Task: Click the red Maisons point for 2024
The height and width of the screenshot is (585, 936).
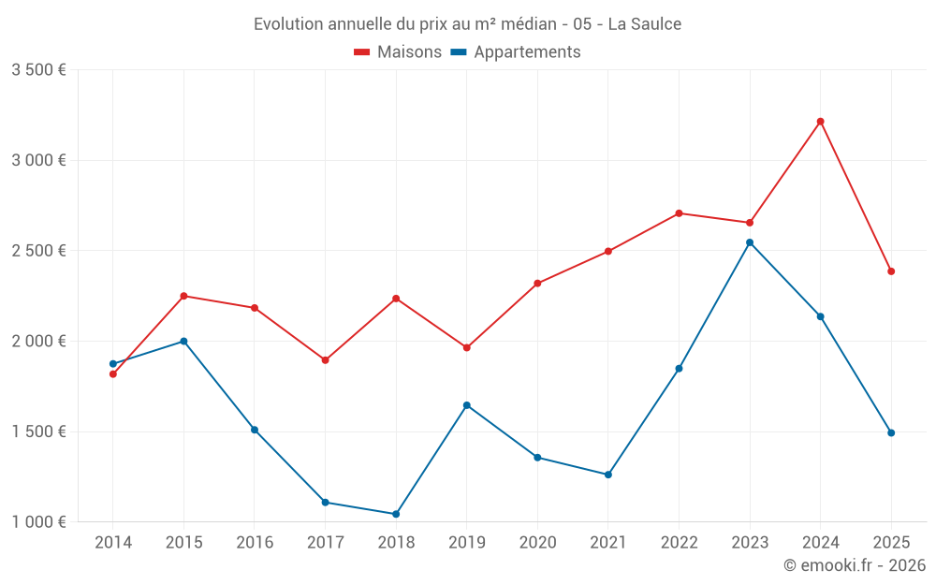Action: tap(820, 122)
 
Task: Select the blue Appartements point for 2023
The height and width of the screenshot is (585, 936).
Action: tap(750, 242)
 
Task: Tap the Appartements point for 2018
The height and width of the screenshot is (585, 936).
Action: tap(396, 514)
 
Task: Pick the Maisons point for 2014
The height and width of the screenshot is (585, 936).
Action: tap(113, 374)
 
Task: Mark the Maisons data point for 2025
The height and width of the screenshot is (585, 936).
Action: tap(891, 271)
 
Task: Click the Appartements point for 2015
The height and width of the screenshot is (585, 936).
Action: tap(183, 342)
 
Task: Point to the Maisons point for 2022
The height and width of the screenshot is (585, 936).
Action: tap(679, 213)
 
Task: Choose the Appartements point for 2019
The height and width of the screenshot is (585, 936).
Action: tap(467, 405)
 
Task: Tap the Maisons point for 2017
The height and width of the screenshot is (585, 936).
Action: tap(325, 360)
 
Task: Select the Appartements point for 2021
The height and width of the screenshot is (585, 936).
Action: tap(608, 475)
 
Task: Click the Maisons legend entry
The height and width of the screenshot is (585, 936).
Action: tap(398, 52)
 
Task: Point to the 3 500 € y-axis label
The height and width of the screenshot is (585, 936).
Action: tap(38, 70)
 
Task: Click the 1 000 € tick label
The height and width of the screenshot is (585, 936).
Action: tap(38, 522)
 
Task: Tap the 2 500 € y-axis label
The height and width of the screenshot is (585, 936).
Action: tap(38, 251)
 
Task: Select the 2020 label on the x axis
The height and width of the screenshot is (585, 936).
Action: tap(537, 543)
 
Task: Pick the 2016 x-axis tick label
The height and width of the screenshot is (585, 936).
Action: tap(255, 543)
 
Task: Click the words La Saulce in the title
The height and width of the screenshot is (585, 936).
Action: tap(645, 23)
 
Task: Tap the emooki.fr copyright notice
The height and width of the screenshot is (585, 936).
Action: tap(854, 565)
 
